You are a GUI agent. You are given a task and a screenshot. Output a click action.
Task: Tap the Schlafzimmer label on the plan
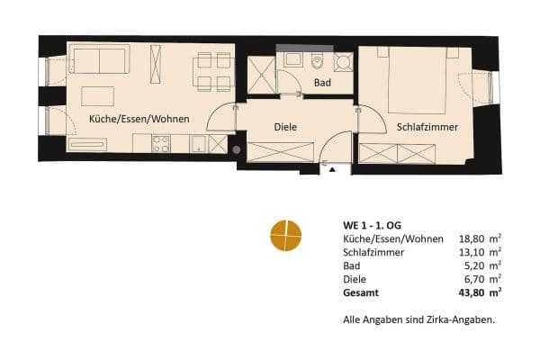pos(427,128)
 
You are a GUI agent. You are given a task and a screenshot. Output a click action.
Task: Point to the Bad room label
pos(321,83)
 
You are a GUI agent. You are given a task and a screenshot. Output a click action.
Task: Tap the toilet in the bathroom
pos(319,62)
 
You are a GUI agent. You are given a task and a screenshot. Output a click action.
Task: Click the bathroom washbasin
pos(293,59)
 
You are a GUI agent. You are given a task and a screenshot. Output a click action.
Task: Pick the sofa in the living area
pos(99,61)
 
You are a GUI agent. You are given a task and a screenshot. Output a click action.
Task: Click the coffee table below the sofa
pos(98,94)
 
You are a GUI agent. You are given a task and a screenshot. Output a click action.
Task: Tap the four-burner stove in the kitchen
pos(161,143)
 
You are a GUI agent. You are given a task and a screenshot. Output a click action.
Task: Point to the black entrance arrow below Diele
pos(332,169)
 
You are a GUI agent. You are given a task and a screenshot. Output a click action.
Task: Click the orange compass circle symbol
pos(286,235)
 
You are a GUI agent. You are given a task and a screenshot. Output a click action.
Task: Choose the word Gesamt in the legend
pos(361,292)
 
